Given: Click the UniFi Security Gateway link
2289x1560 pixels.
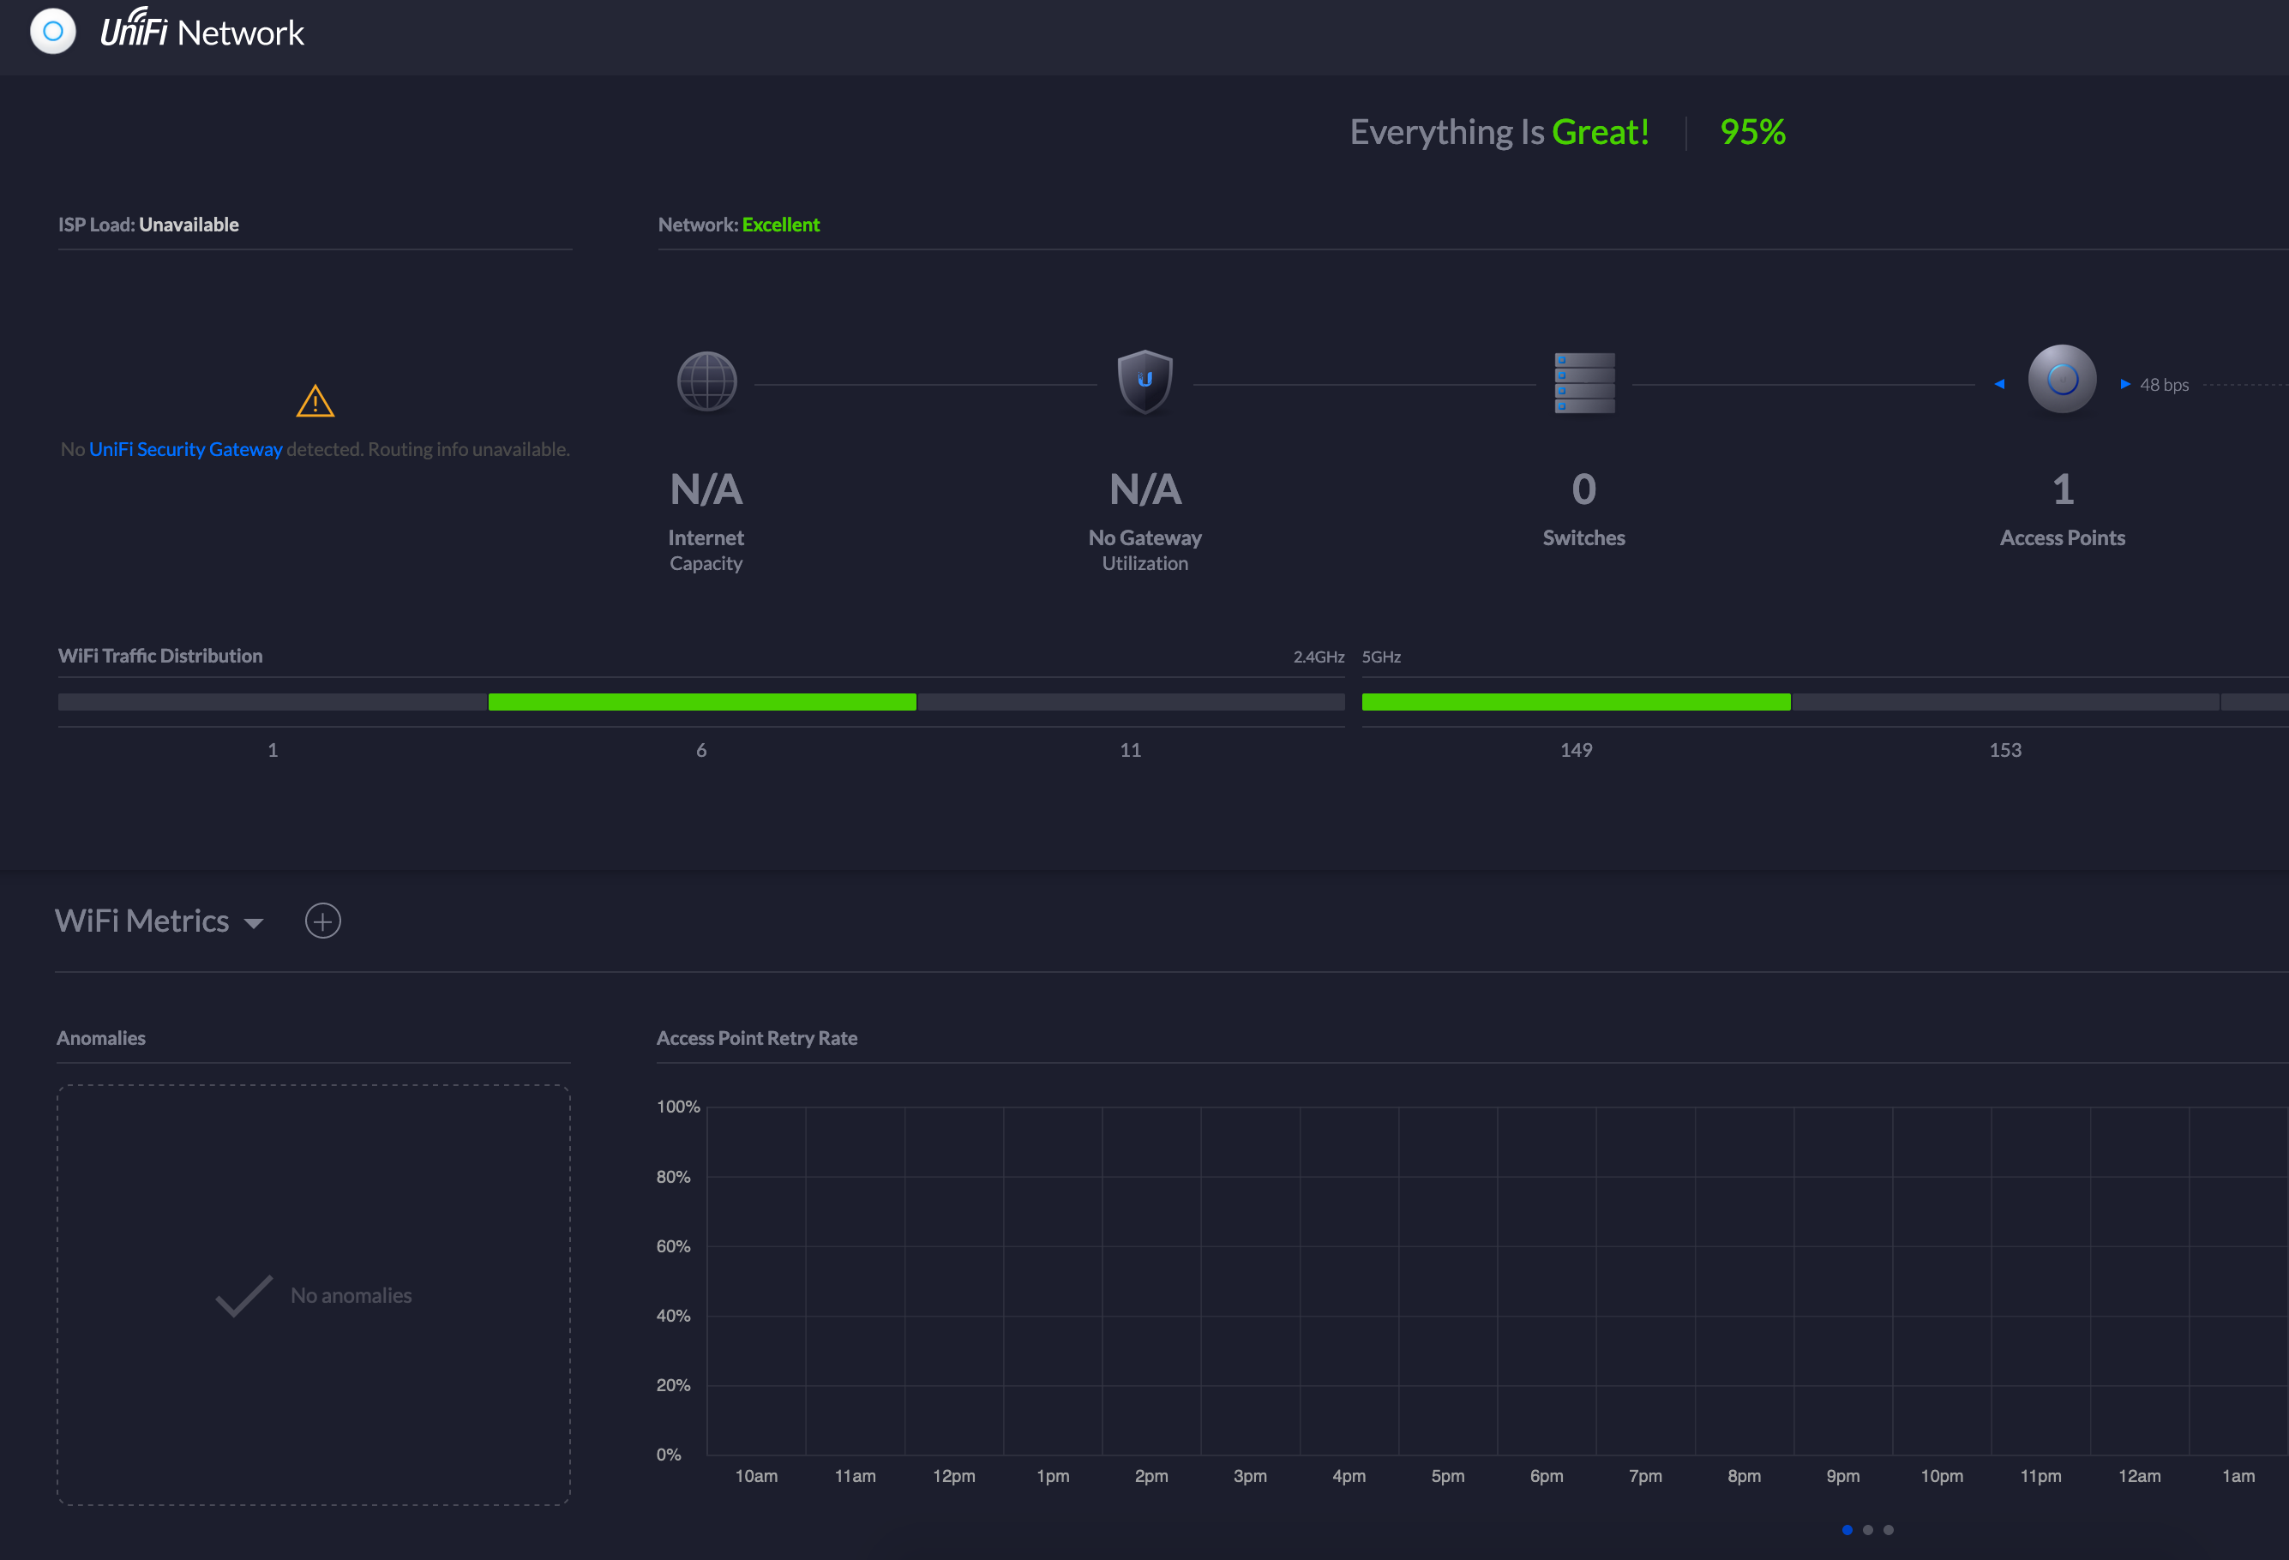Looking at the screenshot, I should point(185,449).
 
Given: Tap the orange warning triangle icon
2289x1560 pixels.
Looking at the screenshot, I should point(315,401).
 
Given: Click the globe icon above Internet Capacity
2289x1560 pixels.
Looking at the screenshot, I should point(706,382).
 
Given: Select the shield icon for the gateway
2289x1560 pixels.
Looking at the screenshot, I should point(1144,381).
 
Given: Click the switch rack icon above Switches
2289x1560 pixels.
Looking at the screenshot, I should point(1583,383).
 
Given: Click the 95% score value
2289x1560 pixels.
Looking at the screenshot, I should point(1752,132).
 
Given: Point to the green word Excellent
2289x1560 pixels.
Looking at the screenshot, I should point(780,225).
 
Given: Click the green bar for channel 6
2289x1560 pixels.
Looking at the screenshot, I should point(701,702).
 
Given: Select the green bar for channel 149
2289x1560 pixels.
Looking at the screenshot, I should point(1575,702).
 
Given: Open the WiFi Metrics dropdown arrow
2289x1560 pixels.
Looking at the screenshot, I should point(253,923).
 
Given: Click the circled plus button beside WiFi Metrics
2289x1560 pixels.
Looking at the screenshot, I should point(323,921).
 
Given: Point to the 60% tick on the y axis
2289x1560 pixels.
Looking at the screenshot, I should point(674,1245).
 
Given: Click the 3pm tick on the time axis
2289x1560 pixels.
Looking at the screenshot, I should point(1250,1475).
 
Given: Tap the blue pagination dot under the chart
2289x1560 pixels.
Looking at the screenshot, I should point(1847,1529).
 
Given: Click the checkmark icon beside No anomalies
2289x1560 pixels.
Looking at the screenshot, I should point(243,1295).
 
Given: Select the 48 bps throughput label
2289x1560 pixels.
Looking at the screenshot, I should point(2164,385).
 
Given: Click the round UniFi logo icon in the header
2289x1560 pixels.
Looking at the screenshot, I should point(53,32).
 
